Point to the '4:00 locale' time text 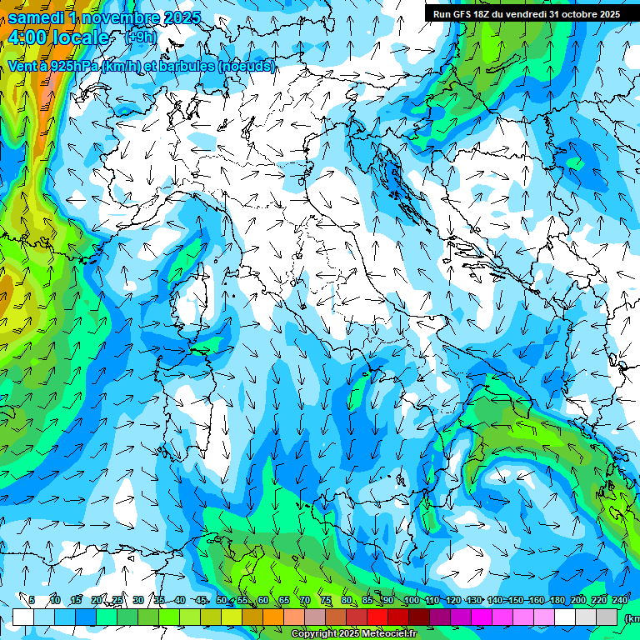[58, 37]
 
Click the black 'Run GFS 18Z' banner [526, 13]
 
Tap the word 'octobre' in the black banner [595, 13]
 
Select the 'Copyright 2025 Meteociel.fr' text [353, 634]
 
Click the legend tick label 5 [32, 600]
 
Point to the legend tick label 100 [411, 600]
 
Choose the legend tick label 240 [620, 600]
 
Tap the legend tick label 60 [262, 600]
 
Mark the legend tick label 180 [557, 600]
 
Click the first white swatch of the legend [23, 617]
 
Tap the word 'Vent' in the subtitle [22, 66]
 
